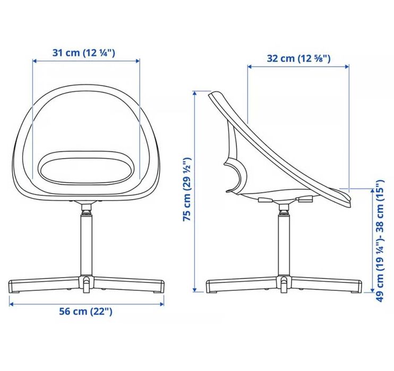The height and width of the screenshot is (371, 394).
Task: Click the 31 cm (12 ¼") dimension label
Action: click(84, 53)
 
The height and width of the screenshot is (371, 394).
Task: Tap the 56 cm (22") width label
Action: click(85, 311)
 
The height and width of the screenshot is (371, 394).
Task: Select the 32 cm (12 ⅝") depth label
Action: click(299, 58)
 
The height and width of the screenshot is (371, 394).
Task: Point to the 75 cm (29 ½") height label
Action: click(187, 189)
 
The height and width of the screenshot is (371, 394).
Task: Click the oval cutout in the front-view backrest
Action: click(86, 167)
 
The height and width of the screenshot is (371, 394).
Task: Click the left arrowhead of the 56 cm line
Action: click(11, 304)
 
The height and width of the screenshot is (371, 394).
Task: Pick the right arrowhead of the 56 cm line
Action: click(162, 304)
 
